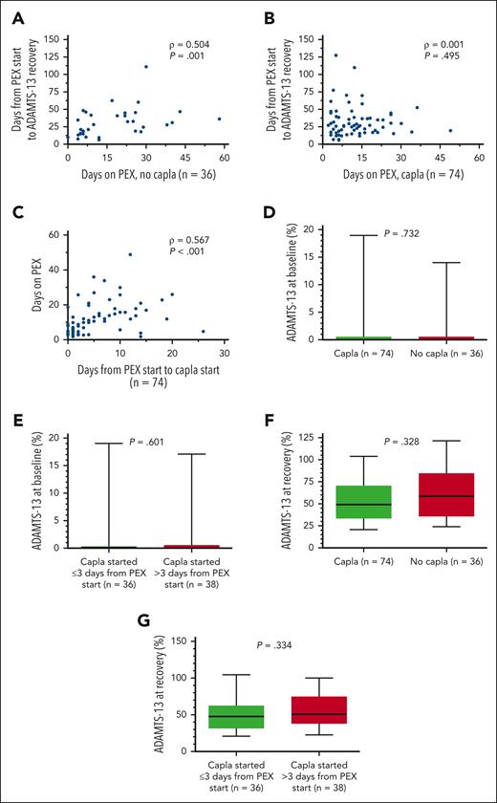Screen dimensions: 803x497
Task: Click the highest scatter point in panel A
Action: coord(146,67)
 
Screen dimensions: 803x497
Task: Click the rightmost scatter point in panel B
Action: coord(449,130)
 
